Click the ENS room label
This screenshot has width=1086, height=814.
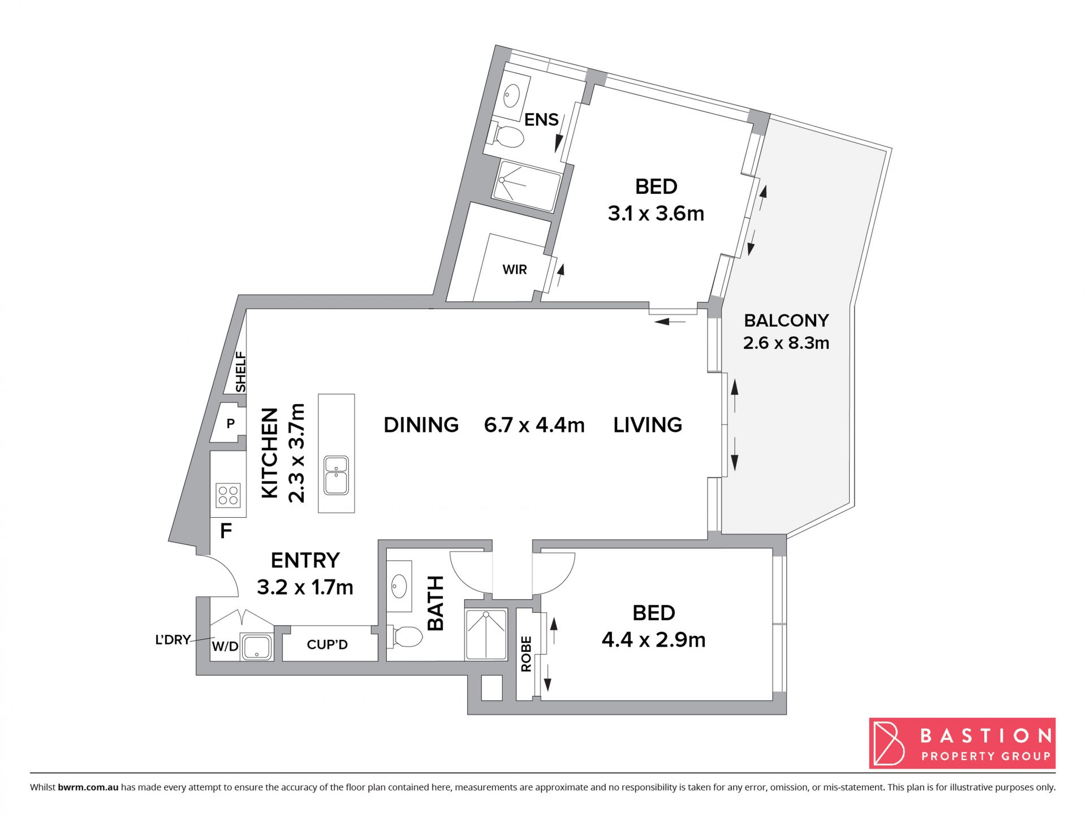coord(541,119)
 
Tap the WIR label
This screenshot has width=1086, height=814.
coord(515,270)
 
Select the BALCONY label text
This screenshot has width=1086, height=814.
coord(786,321)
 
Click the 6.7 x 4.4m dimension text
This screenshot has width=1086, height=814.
coord(535,425)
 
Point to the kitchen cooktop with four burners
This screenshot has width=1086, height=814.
coord(229,495)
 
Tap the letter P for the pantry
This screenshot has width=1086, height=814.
coord(231,423)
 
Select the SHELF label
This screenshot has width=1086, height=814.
coord(241,371)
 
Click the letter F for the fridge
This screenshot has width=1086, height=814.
coord(226,531)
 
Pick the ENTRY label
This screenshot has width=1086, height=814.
coord(305,560)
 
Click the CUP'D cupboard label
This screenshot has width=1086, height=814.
coord(327,644)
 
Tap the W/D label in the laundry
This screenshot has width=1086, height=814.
coord(225,646)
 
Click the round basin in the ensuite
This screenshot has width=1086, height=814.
coord(512,96)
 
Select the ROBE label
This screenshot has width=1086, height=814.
coord(526,653)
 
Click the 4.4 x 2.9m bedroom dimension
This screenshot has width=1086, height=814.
coord(653,640)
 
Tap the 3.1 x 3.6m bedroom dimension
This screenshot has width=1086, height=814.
coord(656,214)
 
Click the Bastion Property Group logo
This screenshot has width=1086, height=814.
coord(962,743)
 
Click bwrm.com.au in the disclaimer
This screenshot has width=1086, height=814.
coord(88,787)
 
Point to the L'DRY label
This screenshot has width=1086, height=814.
coord(173,639)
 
